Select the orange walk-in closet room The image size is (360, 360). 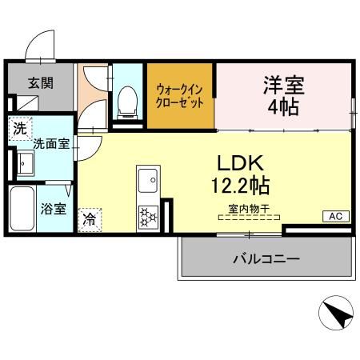coord(180,96)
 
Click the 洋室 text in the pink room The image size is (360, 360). coord(284,84)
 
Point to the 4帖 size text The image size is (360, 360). coord(284,106)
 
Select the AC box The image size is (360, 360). coord(334,216)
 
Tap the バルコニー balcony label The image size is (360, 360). coord(266,259)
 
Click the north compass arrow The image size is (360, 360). coord(337,314)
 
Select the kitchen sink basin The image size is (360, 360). coord(148,183)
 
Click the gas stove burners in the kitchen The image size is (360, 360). coord(148,215)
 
